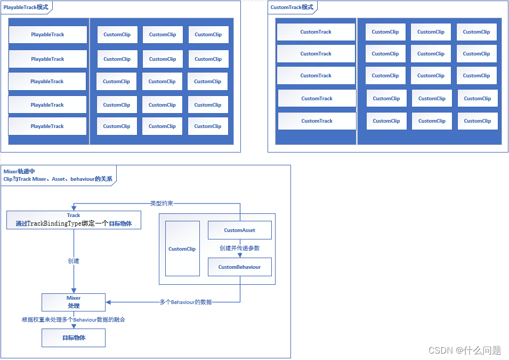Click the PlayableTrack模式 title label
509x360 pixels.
(x=26, y=7)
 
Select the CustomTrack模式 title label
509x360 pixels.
(x=292, y=7)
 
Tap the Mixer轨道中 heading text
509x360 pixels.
(x=19, y=171)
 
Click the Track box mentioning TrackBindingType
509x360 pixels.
(x=74, y=220)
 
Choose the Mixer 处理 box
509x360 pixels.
(x=74, y=302)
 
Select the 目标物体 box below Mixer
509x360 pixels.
(x=74, y=338)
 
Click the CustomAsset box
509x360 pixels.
(x=239, y=230)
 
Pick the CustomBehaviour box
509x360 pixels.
(x=239, y=267)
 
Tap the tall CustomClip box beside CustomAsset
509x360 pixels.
(x=182, y=249)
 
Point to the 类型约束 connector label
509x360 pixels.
(x=161, y=203)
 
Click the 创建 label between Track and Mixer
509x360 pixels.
(x=74, y=261)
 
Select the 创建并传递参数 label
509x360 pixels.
(x=239, y=248)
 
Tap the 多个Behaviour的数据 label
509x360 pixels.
(x=185, y=302)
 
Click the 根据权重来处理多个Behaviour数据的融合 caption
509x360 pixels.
(x=74, y=319)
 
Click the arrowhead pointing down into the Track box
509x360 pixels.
(x=74, y=208)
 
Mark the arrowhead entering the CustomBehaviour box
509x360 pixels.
(x=240, y=255)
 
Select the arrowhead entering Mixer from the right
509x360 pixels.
(x=108, y=302)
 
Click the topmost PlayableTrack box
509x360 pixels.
(x=48, y=35)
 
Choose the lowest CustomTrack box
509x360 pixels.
(x=317, y=121)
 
